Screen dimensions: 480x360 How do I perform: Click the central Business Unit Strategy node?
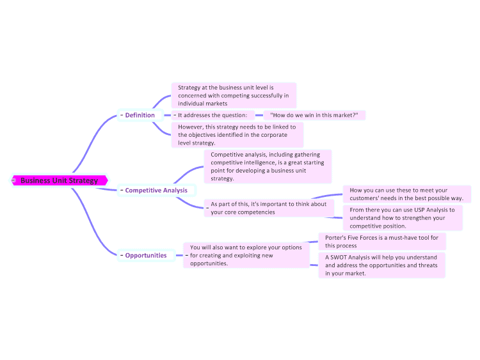[60, 180]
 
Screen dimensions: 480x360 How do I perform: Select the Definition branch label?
[140, 115]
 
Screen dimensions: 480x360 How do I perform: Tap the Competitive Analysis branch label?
[156, 191]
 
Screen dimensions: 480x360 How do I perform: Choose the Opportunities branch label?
[146, 255]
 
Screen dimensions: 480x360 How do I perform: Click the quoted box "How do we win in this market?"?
[314, 115]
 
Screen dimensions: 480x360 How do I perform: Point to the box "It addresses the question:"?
[212, 115]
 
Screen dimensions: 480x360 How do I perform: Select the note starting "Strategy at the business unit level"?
[234, 95]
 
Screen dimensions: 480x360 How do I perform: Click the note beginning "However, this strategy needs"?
[237, 135]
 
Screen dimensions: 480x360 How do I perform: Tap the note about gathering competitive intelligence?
[268, 166]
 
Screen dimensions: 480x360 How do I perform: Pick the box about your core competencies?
[269, 208]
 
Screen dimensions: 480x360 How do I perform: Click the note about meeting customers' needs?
[406, 194]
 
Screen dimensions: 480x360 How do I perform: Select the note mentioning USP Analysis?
[403, 218]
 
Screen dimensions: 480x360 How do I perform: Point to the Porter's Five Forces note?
[381, 242]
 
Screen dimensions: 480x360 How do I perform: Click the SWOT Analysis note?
[381, 265]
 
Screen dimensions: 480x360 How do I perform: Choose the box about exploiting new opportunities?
[246, 255]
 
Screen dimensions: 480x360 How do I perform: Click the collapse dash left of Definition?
[122, 115]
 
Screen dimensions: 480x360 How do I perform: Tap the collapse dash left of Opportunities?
[122, 255]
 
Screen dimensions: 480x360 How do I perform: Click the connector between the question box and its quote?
[259, 115]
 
